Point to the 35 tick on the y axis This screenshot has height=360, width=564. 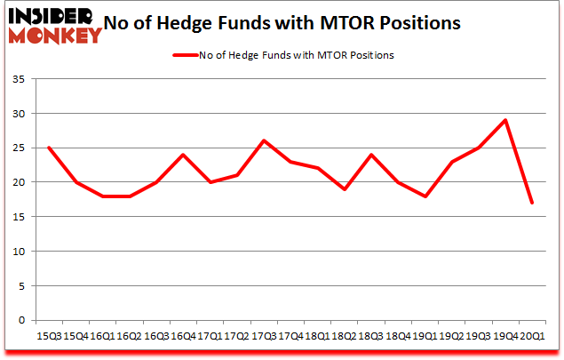click(x=20, y=80)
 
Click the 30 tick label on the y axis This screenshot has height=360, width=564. click(x=20, y=115)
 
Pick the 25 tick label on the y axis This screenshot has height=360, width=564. click(x=20, y=148)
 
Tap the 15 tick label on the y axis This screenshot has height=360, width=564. click(x=20, y=217)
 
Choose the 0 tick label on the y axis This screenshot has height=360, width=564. click(x=22, y=320)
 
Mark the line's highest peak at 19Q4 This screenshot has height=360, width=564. click(x=505, y=120)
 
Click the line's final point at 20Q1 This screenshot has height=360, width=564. click(x=533, y=203)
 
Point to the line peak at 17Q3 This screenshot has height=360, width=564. click(x=263, y=140)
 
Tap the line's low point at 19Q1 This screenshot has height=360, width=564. click(x=425, y=196)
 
